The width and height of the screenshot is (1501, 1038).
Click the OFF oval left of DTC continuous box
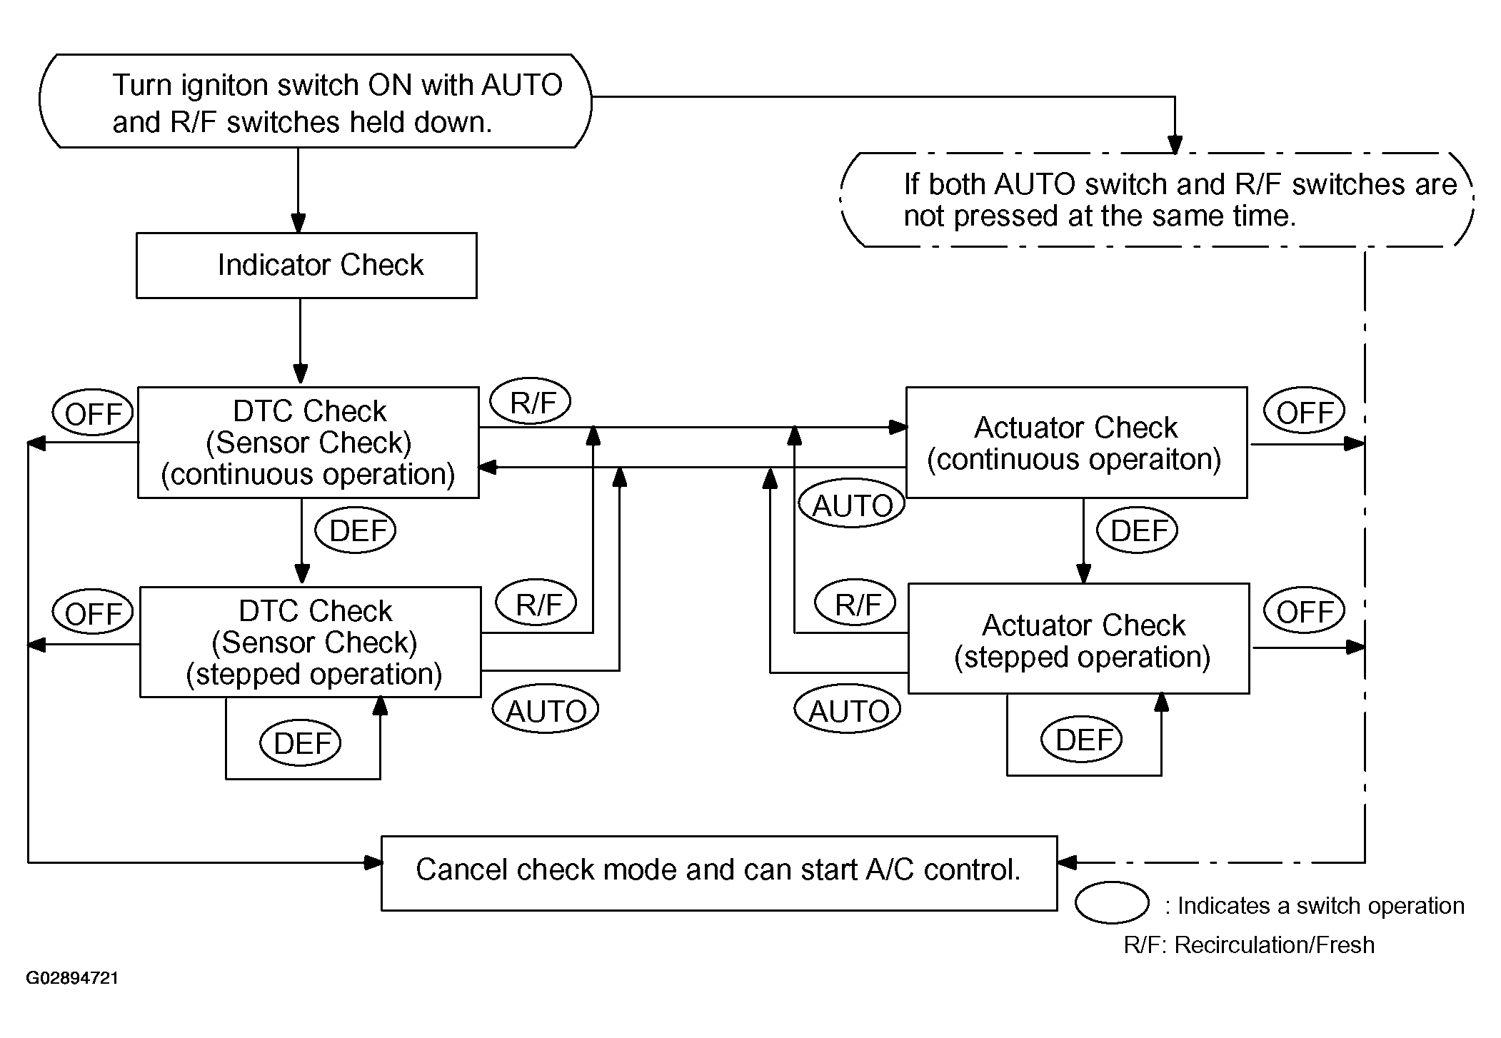click(93, 413)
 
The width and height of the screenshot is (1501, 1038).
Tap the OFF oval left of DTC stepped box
click(93, 613)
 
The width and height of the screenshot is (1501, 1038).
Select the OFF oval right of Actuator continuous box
click(1304, 411)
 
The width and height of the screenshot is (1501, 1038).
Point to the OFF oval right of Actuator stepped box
click(1304, 610)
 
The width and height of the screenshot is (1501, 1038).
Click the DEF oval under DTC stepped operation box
click(300, 743)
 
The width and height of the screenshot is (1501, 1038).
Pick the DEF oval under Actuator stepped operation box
click(1081, 740)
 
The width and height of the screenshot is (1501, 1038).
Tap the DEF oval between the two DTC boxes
click(356, 530)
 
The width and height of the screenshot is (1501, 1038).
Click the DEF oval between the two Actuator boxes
click(1137, 530)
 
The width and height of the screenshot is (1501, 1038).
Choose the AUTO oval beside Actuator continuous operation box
click(852, 504)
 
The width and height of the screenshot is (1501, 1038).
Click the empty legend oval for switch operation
click(1112, 902)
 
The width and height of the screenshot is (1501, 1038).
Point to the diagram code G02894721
click(72, 978)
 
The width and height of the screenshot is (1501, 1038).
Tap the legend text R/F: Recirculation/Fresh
click(1249, 944)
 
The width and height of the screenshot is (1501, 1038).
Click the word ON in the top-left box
click(390, 85)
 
